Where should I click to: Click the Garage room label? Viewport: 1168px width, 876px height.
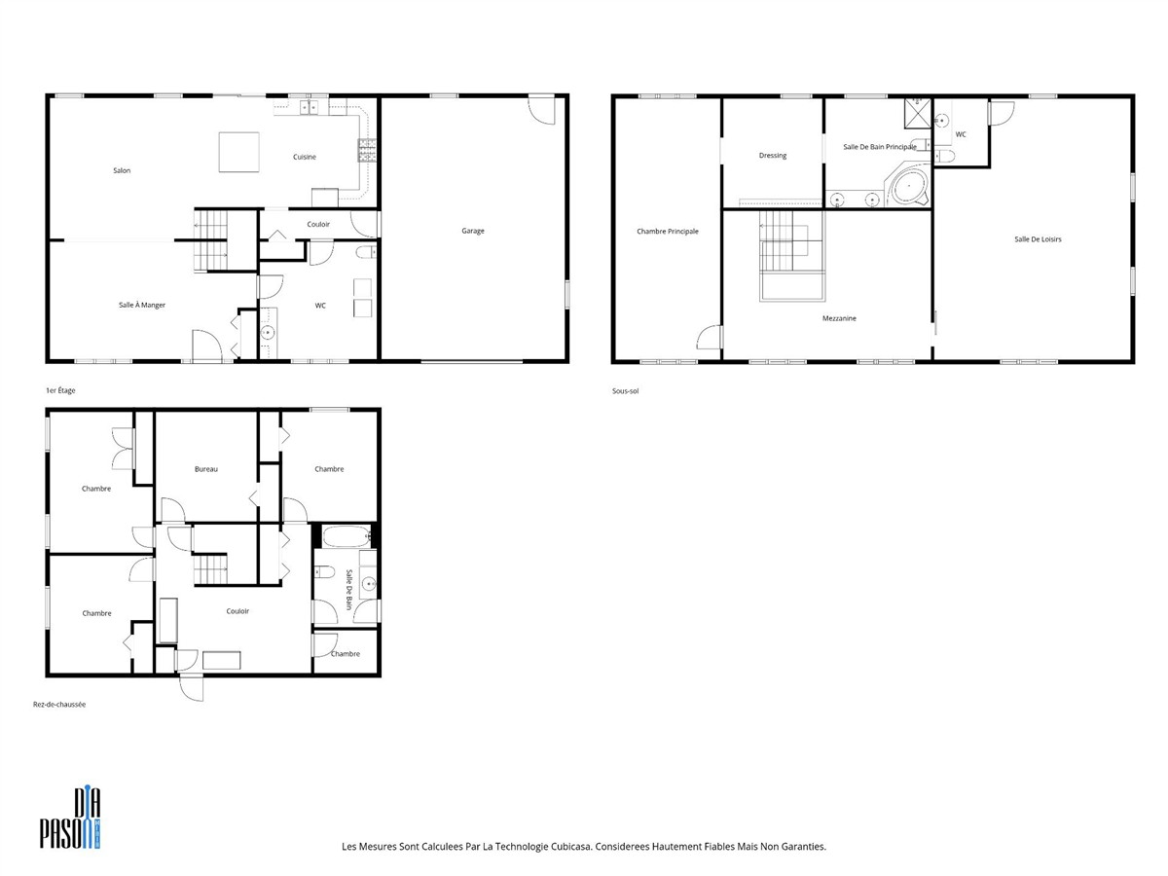click(x=472, y=231)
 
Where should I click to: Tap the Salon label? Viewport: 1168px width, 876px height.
click(x=122, y=170)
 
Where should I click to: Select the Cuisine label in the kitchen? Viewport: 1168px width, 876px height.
click(x=305, y=157)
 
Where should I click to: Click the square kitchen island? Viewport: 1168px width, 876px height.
click(x=238, y=152)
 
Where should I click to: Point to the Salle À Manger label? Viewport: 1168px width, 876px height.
click(x=141, y=305)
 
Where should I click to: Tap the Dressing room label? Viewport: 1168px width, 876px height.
click(x=772, y=156)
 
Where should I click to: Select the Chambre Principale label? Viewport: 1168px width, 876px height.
click(x=668, y=232)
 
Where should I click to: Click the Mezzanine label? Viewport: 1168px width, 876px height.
click(x=839, y=318)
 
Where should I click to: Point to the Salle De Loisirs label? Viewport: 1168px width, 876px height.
click(x=1038, y=239)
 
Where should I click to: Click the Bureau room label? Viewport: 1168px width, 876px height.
click(x=206, y=469)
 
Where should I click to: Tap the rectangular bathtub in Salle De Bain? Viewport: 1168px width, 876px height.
click(x=347, y=536)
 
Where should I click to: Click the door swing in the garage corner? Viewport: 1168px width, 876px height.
click(x=542, y=111)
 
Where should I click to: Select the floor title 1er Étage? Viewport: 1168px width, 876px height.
click(x=60, y=390)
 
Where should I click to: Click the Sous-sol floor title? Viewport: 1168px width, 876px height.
click(x=625, y=391)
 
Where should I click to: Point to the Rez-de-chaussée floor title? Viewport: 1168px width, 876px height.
click(x=59, y=704)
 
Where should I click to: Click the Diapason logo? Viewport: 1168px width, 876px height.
click(x=70, y=818)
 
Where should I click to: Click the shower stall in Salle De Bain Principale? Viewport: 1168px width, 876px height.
click(x=918, y=113)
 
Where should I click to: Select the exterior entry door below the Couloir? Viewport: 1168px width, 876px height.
click(x=191, y=687)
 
